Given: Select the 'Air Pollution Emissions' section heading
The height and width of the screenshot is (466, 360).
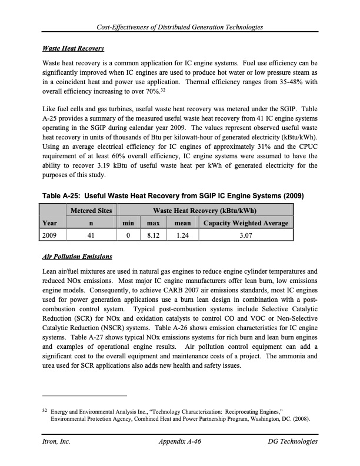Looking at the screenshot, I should point(77,257).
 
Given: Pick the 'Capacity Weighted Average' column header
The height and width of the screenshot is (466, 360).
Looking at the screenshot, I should point(245,223).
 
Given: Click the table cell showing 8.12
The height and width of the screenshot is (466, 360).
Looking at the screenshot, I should point(153,235).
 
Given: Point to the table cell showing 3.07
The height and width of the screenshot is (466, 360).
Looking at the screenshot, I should point(245,235).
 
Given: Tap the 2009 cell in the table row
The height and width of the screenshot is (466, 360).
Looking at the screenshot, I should point(52,235).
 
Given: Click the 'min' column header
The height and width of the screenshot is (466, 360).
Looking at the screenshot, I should point(126,223).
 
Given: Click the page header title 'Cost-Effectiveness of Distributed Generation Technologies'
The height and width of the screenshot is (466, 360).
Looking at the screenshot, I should point(181,28).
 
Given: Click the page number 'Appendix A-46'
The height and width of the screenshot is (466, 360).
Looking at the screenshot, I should point(180,441).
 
